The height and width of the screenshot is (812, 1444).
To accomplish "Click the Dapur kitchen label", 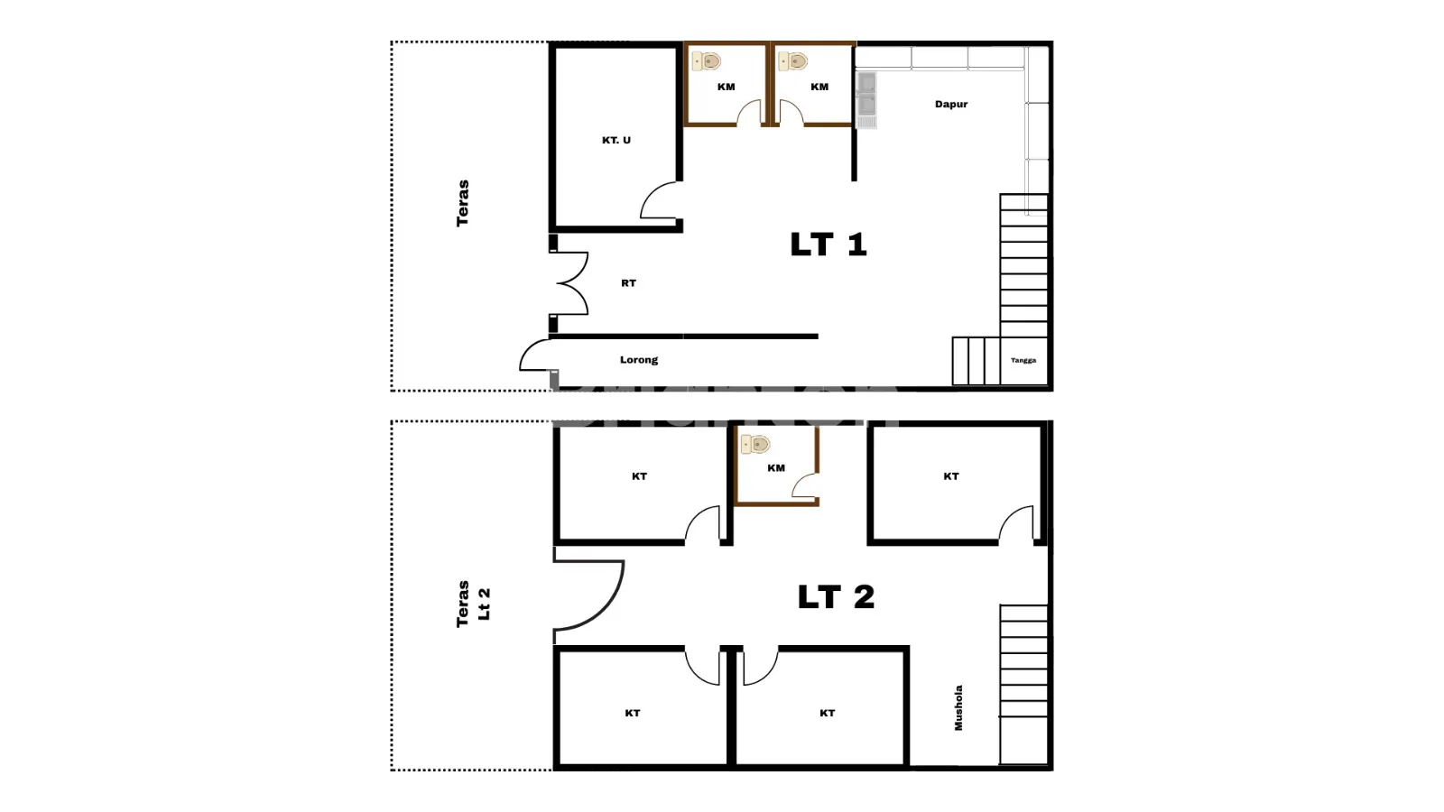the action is point(951,104).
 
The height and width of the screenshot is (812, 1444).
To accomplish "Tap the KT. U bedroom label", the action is point(616,140).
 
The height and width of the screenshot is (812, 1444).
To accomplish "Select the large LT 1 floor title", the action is point(828,245).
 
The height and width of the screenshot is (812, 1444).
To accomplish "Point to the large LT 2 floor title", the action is point(836,596).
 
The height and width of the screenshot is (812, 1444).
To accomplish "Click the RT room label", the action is point(628,283).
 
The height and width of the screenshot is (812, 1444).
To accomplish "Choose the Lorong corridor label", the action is point(639,360).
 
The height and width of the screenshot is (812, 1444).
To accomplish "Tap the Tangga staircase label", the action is point(1023,360).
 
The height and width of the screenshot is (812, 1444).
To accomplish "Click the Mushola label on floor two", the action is point(958,707).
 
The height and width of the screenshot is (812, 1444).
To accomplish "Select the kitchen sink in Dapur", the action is point(866,100).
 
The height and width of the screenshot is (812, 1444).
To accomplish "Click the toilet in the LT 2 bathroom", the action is point(754,444).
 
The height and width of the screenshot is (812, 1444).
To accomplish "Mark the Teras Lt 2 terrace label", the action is point(473,604).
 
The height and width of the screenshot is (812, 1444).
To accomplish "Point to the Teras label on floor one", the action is point(462,203).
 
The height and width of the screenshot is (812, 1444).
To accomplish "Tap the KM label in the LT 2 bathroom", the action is point(776,468).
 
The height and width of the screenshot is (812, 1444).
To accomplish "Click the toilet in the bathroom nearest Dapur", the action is point(793,61).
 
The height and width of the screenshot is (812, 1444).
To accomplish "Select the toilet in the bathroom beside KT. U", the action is point(707,61).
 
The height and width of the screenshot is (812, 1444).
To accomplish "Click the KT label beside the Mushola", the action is point(827,713).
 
